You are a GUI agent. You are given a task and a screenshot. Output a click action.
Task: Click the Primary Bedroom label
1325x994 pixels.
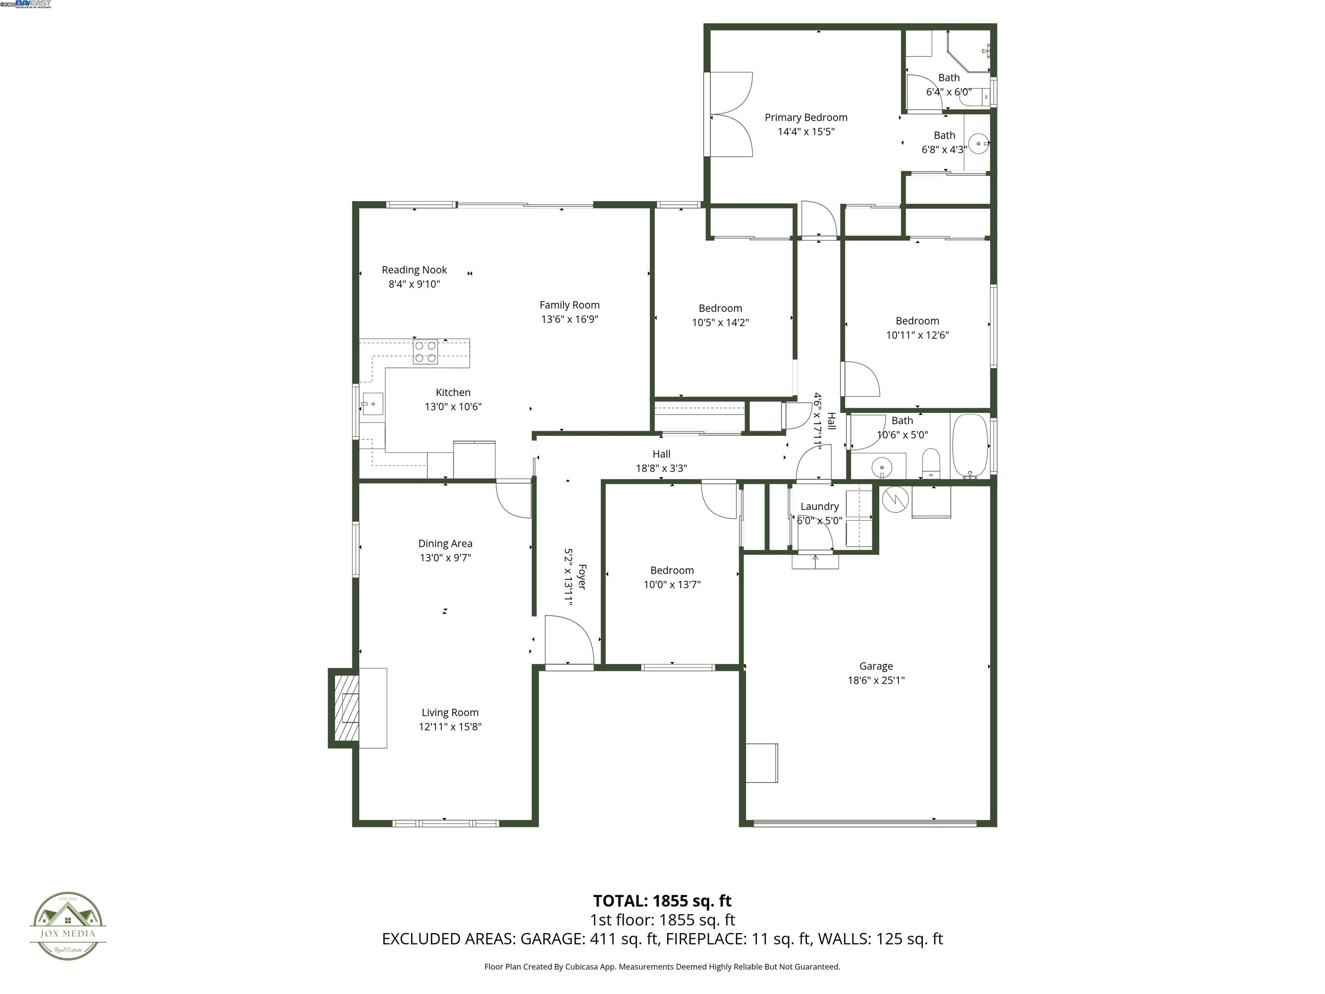pyautogui.click(x=806, y=117)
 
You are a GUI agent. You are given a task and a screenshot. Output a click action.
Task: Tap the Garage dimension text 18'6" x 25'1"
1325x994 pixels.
pyautogui.click(x=876, y=680)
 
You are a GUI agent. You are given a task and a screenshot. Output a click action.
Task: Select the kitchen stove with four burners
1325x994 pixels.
pyautogui.click(x=425, y=352)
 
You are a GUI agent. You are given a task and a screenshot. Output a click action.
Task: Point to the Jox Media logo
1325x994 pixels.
pyautogui.click(x=68, y=926)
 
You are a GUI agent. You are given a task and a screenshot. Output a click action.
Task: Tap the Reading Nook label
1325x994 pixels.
pyautogui.click(x=414, y=270)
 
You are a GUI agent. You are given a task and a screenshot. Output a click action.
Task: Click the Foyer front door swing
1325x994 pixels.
pyautogui.click(x=568, y=641)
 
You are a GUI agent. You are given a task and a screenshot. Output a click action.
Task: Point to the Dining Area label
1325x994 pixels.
pyautogui.click(x=445, y=544)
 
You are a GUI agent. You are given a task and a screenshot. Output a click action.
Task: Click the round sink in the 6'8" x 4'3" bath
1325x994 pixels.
pyautogui.click(x=978, y=143)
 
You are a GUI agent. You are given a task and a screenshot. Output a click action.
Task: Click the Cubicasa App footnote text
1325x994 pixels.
pyautogui.click(x=662, y=966)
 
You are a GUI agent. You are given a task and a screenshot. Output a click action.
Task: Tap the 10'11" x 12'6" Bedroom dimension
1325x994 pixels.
pyautogui.click(x=917, y=335)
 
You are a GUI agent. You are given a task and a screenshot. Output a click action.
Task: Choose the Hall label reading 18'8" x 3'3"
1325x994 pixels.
pyautogui.click(x=661, y=468)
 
